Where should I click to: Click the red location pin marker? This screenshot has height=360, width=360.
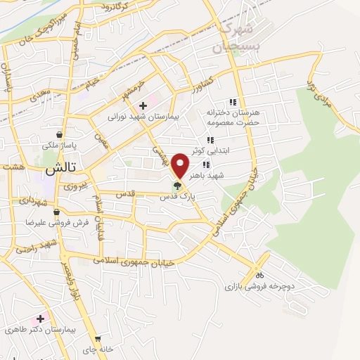[181, 165]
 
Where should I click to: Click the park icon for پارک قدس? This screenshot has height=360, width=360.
[177, 186]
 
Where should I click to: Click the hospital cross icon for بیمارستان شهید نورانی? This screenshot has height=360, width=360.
[143, 105]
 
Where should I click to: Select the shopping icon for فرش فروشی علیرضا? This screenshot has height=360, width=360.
[56, 211]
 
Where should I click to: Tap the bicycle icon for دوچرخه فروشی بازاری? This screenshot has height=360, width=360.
[259, 275]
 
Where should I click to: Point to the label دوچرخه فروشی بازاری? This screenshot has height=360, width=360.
[257, 286]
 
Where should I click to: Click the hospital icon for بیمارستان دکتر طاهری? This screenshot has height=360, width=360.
[41, 319]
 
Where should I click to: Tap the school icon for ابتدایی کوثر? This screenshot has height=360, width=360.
[210, 140]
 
